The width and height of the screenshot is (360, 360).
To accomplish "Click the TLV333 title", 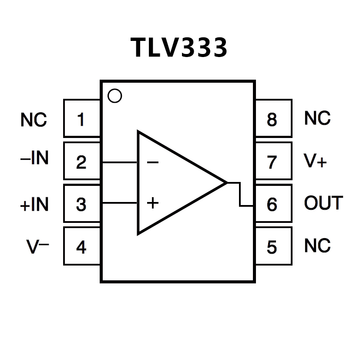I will [179, 47].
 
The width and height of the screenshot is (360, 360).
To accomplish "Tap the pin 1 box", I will [82, 118].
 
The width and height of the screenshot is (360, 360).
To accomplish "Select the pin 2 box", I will [82, 161].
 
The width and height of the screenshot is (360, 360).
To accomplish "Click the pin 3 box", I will [82, 204].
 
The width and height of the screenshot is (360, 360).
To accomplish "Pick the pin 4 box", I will [82, 246].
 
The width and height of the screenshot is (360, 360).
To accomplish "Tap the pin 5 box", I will [273, 246].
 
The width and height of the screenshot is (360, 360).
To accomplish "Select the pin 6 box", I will [273, 204].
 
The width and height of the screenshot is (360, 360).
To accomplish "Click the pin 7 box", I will [273, 161].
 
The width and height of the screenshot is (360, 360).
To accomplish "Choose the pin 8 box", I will [273, 118].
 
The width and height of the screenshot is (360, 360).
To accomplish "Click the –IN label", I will [34, 158].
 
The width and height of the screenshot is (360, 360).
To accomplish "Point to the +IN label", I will [34, 205].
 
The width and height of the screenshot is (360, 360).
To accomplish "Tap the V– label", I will [38, 246].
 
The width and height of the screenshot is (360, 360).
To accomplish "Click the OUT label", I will [323, 203].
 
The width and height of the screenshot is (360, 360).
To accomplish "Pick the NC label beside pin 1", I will [34, 120].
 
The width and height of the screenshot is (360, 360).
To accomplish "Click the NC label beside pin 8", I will [317, 118].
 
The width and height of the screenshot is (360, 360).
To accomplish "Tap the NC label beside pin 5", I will [317, 246].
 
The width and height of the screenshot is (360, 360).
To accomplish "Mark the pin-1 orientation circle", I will [114, 96].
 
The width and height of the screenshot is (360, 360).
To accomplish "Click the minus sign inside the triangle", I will [152, 163].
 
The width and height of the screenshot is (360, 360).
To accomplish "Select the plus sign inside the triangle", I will [152, 202].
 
